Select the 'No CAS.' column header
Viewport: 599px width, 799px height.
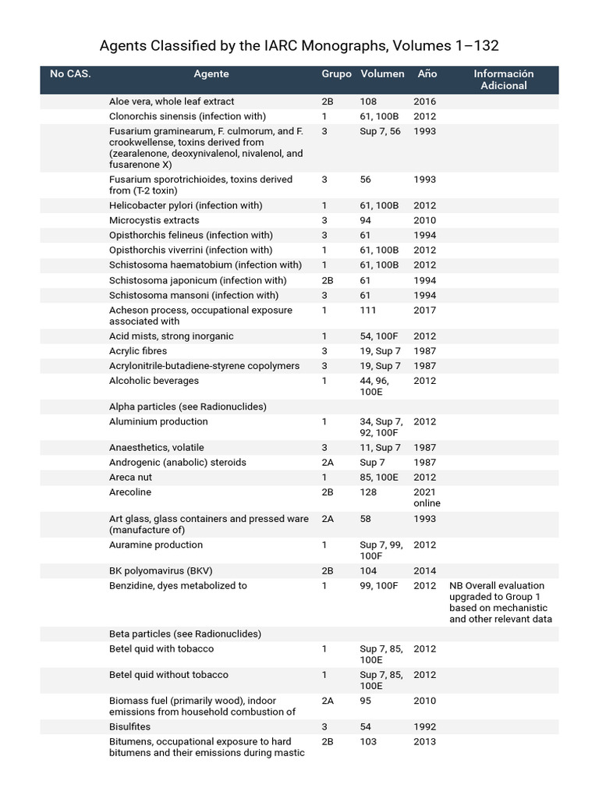point(70,74)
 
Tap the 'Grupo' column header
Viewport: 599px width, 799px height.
point(336,74)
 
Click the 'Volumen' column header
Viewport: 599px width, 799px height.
point(382,74)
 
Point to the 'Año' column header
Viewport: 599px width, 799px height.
point(427,74)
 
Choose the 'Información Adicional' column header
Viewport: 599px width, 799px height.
point(503,80)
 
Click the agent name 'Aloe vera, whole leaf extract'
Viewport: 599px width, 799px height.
point(172,101)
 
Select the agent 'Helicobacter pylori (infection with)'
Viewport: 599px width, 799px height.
point(186,205)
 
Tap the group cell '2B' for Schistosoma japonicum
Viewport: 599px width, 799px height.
point(328,280)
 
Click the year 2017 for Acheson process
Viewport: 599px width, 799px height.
point(425,311)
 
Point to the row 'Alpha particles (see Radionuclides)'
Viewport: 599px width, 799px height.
point(187,407)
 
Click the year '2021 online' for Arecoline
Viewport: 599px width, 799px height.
point(427,498)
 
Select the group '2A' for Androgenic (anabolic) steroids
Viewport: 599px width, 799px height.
point(328,463)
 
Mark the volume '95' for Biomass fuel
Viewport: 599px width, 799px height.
point(367,701)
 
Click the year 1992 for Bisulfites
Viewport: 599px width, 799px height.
point(425,726)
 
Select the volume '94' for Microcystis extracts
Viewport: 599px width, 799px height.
point(366,220)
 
